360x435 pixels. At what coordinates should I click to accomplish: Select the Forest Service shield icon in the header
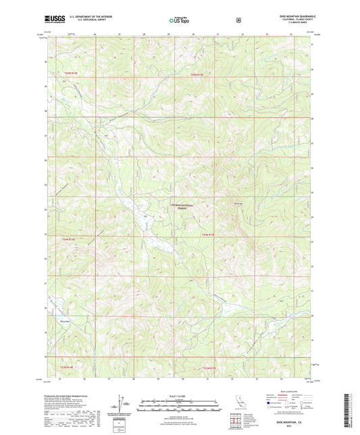[x=238, y=20]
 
